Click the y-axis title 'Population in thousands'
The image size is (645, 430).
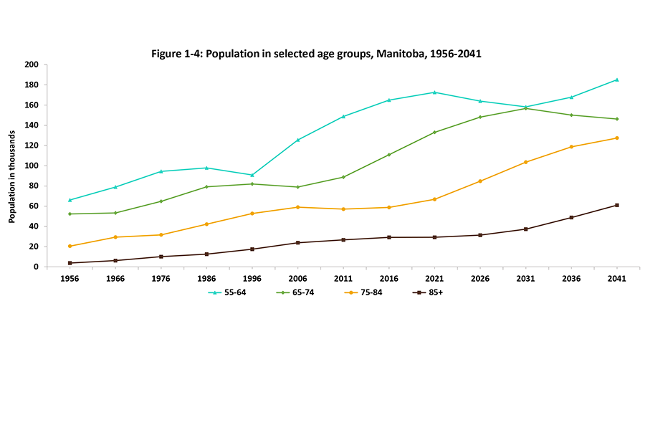12,166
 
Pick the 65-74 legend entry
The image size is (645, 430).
295,292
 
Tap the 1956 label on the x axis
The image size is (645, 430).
69,280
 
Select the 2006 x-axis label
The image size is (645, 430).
297,280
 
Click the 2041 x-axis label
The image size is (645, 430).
616,280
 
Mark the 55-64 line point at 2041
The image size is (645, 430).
616,80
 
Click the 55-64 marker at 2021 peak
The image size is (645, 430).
434,92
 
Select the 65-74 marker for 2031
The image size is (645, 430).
525,108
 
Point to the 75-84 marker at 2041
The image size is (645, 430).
616,138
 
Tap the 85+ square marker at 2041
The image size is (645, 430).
616,205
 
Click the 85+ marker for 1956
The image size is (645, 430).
70,263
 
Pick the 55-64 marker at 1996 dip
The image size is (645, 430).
252,175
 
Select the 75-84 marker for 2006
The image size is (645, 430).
297,207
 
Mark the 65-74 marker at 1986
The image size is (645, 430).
206,187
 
